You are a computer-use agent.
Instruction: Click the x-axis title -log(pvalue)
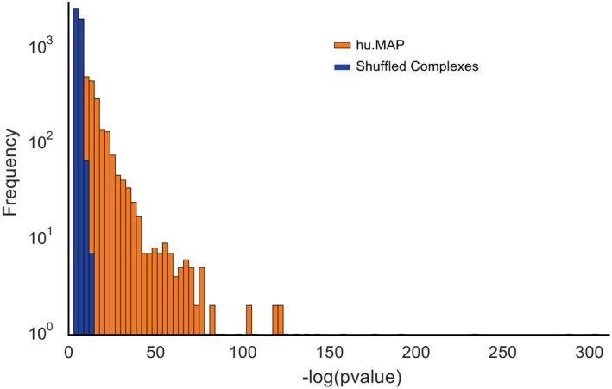[335, 377]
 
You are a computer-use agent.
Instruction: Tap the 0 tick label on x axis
[69, 352]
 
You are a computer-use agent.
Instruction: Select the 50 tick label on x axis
[155, 352]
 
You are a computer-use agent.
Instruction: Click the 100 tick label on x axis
[243, 352]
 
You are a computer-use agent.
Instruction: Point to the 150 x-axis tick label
[330, 352]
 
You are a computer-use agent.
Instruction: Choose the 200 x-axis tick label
[417, 352]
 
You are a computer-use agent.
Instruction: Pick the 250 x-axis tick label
[504, 352]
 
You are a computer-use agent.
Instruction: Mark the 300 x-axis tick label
[591, 352]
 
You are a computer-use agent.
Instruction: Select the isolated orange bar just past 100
[249, 320]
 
